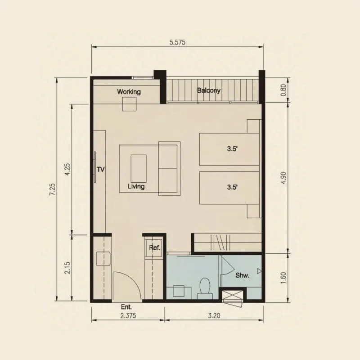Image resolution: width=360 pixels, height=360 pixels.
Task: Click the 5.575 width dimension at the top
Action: pyautogui.click(x=177, y=42)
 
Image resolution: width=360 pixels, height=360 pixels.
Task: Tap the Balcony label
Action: pyautogui.click(x=209, y=90)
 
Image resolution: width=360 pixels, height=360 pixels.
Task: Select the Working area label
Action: pyautogui.click(x=129, y=92)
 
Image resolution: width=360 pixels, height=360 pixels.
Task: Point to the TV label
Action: pyautogui.click(x=100, y=170)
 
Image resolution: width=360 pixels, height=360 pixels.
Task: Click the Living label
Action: pyautogui.click(x=136, y=186)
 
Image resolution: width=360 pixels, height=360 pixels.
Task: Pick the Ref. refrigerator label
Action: pyautogui.click(x=154, y=248)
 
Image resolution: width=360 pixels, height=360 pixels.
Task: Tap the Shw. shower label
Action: pyautogui.click(x=243, y=275)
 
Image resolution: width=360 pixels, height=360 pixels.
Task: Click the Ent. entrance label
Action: pyautogui.click(x=126, y=307)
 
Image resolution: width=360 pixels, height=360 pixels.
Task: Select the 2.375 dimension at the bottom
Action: pyautogui.click(x=128, y=316)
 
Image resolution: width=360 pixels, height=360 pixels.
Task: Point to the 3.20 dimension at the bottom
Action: pyautogui.click(x=214, y=316)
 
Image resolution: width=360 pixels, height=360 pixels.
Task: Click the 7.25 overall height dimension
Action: pyautogui.click(x=53, y=189)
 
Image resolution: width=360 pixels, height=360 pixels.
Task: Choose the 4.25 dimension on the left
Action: pyautogui.click(x=67, y=170)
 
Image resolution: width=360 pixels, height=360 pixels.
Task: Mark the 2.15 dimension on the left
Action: pyautogui.click(x=67, y=267)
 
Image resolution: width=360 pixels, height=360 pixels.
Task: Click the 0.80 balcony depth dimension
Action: pyautogui.click(x=283, y=90)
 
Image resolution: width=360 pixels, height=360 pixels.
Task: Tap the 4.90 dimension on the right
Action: pyautogui.click(x=283, y=178)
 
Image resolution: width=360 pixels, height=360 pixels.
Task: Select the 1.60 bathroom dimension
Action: pyautogui.click(x=283, y=278)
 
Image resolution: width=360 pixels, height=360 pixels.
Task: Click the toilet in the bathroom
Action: pyautogui.click(x=205, y=288)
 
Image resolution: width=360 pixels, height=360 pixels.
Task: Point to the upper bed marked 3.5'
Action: pyautogui.click(x=229, y=149)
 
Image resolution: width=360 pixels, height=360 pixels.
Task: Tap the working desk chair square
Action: pyautogui.click(x=129, y=104)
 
